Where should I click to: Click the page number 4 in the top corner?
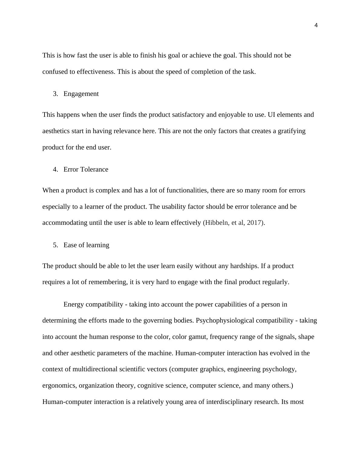click(316, 26)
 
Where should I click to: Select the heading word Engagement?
click(81, 94)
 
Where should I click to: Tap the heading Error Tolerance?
click(86, 169)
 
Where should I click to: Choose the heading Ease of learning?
click(86, 245)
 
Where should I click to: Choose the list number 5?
click(55, 245)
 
